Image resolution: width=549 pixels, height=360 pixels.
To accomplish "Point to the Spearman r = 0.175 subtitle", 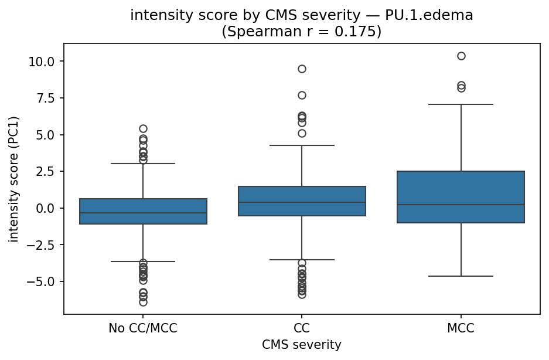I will click(301, 32).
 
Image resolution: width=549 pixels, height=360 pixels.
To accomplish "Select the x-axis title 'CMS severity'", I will click(301, 345).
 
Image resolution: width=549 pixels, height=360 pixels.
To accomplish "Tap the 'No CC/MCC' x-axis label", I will click(143, 328).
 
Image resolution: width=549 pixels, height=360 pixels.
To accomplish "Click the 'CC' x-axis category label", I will click(302, 328).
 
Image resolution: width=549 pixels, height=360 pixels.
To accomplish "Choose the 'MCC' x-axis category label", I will click(461, 328).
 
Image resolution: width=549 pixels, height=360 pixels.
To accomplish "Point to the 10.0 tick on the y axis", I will click(43, 62).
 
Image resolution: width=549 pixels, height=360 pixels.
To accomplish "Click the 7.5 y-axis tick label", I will click(46, 98).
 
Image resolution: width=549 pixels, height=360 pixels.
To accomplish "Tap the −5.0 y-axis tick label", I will click(43, 281).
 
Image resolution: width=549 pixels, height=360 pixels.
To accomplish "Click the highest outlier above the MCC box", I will click(461, 56).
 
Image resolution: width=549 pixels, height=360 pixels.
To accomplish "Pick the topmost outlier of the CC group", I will click(302, 69).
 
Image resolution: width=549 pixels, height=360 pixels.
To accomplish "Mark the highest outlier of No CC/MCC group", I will click(143, 128).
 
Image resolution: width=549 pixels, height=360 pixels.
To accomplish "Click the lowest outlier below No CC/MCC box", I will click(143, 302).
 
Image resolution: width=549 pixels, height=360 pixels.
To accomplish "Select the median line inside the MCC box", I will click(461, 205).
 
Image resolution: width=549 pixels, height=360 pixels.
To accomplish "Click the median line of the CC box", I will click(302, 202).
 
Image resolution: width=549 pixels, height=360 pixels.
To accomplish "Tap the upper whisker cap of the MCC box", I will click(461, 104).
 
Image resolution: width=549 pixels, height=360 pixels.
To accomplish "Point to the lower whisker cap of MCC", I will click(461, 276).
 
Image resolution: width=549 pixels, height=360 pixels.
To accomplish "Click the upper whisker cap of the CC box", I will click(302, 145).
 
